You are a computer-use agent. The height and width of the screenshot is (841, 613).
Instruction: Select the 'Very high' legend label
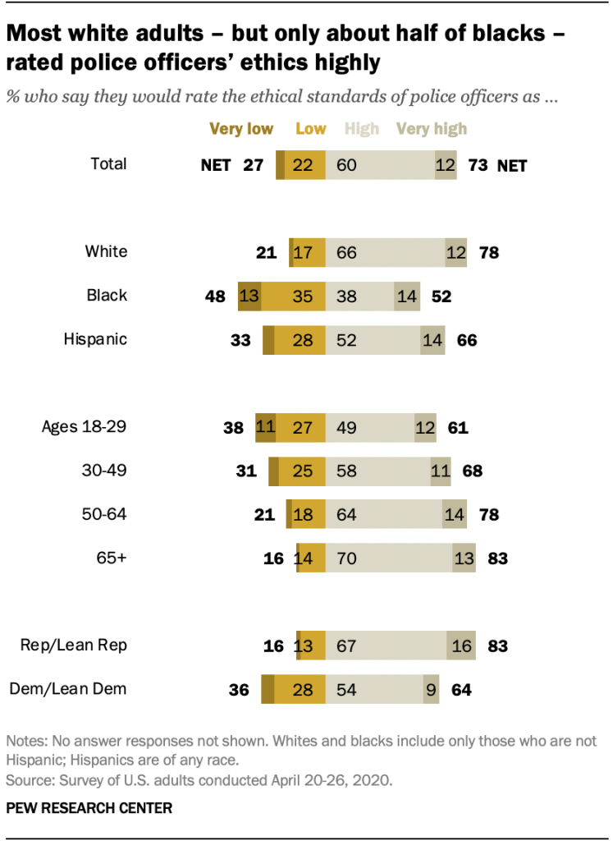(x=432, y=128)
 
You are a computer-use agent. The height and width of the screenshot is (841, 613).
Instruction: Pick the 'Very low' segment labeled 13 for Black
(x=249, y=296)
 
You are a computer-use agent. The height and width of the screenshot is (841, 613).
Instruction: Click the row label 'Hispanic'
(x=95, y=338)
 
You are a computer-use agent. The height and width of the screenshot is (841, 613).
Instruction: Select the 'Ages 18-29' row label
(x=85, y=426)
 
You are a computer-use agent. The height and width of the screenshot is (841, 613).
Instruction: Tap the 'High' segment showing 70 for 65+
(x=388, y=558)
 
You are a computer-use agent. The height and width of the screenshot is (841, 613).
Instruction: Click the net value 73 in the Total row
(x=478, y=165)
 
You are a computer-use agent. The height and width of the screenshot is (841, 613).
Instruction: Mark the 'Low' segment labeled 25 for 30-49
(x=302, y=471)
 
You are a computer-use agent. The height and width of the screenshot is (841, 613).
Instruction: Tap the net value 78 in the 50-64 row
(x=488, y=515)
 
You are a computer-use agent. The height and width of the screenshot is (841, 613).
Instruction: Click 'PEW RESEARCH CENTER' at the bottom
(x=89, y=808)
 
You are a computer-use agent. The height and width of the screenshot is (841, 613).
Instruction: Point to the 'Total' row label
(x=108, y=163)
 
